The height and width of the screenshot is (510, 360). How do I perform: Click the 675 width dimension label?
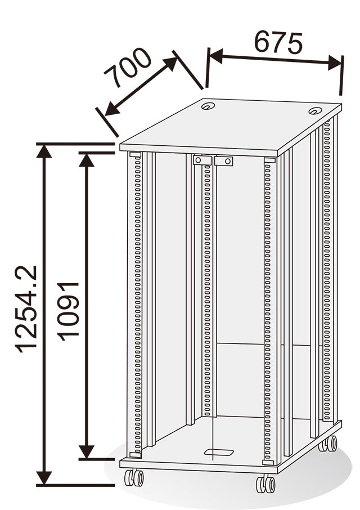coord(278,43)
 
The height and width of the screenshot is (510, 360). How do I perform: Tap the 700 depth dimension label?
coord(128,68)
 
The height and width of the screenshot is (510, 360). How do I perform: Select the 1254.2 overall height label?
coord(26,309)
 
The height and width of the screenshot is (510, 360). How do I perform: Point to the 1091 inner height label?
coord(68,311)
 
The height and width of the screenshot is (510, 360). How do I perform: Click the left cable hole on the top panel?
coord(208,106)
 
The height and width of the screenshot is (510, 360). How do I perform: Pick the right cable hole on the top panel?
coord(315,111)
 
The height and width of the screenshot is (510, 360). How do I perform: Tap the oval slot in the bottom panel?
coord(219,453)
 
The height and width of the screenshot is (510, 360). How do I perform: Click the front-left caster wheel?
coord(134,477)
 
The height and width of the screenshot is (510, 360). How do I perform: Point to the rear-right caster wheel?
coord(328,444)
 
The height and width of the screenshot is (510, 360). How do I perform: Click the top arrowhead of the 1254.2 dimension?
coord(44,151)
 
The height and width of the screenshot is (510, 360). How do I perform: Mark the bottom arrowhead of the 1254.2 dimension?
coord(44,477)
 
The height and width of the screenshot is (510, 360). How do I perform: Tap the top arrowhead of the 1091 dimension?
coord(87,160)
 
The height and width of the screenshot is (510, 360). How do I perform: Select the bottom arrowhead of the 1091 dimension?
coord(87,452)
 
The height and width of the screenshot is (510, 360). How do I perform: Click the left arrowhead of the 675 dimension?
coord(216,56)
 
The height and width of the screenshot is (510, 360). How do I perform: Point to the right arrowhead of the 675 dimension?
coord(335,62)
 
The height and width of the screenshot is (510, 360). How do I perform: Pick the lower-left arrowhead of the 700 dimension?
coord(112,108)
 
